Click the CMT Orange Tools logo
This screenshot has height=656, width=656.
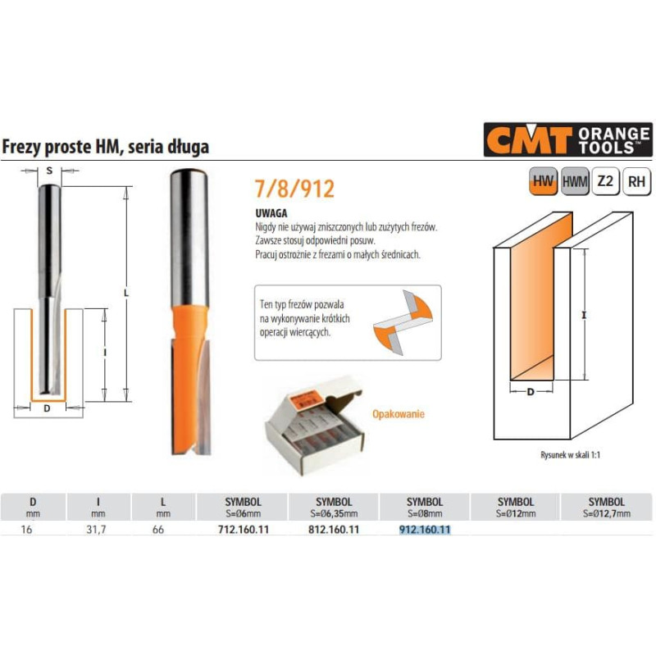tap(567, 139)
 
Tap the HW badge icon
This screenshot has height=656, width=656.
tap(543, 181)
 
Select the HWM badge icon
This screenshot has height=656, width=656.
tap(575, 181)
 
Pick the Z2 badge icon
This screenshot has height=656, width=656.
tap(605, 181)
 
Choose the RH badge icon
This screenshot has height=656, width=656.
tap(637, 181)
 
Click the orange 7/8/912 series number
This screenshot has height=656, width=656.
tap(295, 189)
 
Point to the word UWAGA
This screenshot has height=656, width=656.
tap(271, 213)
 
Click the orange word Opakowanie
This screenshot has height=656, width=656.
tap(399, 414)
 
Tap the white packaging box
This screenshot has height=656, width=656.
tap(314, 424)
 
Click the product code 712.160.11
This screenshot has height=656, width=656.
tap(244, 530)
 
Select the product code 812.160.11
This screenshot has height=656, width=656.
tap(334, 530)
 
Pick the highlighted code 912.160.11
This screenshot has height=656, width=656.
tap(425, 530)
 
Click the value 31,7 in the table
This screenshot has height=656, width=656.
tap(96, 530)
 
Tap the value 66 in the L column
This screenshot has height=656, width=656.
tap(158, 530)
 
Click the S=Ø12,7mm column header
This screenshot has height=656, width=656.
tap(607, 507)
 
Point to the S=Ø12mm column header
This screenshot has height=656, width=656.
tap(516, 507)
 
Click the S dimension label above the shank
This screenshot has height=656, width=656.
tap(49, 171)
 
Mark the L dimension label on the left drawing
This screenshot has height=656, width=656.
tap(126, 294)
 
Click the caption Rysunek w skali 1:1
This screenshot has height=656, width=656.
tap(570, 455)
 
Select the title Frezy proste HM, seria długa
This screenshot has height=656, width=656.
tap(106, 147)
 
